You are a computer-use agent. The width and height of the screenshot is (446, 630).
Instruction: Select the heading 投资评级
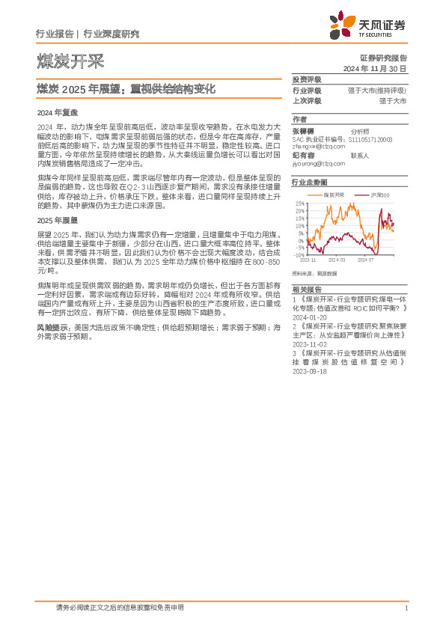pyautogui.click(x=307, y=79)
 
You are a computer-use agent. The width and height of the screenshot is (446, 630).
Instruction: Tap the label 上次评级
pyautogui.click(x=307, y=100)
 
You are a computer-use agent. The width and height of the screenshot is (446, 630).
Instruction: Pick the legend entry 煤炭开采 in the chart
pyautogui.click(x=334, y=195)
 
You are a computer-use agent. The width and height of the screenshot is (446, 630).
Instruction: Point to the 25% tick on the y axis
pyautogui.click(x=300, y=203)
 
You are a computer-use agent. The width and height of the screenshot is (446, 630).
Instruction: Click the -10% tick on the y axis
pyautogui.click(x=299, y=255)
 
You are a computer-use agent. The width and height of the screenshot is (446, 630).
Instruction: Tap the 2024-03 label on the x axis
pyautogui.click(x=336, y=260)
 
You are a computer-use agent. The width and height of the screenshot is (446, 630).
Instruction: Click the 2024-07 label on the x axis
pyautogui.click(x=365, y=260)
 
